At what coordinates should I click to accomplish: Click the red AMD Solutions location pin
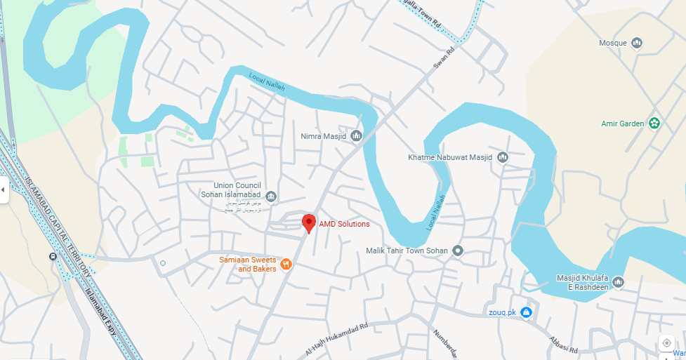click(308, 223)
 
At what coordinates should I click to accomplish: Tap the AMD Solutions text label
click(344, 225)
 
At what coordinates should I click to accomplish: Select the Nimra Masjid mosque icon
click(356, 135)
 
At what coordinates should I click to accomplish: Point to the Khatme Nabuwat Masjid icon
click(502, 157)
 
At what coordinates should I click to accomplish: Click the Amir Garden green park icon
click(654, 124)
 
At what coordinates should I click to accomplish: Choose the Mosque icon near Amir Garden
click(637, 44)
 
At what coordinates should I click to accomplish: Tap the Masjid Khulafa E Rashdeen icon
click(618, 282)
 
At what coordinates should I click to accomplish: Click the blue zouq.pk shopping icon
click(526, 312)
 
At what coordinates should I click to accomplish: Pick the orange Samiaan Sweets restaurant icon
click(286, 264)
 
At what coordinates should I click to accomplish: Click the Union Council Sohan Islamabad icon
click(272, 196)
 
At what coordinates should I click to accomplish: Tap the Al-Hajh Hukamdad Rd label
click(336, 338)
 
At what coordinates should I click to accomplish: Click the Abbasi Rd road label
click(563, 343)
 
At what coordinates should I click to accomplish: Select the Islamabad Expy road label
click(100, 316)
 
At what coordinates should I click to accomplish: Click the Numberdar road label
click(445, 342)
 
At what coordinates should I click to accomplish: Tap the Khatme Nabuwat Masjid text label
click(450, 157)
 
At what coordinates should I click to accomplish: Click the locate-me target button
click(666, 343)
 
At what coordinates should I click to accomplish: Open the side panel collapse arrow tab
click(4, 189)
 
